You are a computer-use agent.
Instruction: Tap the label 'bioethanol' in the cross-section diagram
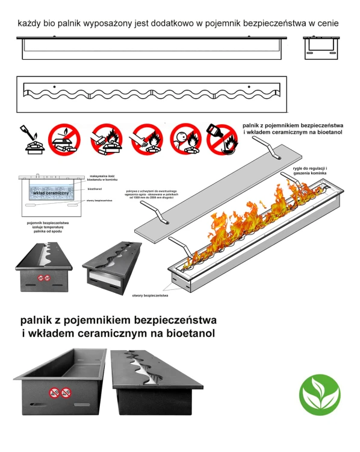click(x=95, y=189)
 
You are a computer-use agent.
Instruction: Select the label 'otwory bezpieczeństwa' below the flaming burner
click(x=150, y=295)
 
